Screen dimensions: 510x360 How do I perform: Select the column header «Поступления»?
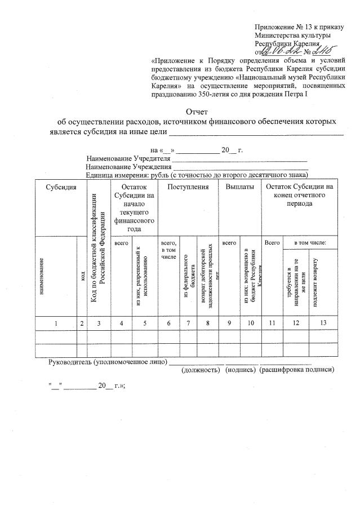[x=188, y=187]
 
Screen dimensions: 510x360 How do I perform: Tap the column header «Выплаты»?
[x=239, y=187]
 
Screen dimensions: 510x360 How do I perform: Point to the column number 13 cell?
[x=322, y=323]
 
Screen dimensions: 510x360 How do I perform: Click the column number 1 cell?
[x=55, y=323]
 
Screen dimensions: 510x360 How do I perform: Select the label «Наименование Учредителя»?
[x=128, y=159]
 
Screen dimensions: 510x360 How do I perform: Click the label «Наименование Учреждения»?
[x=128, y=167]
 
